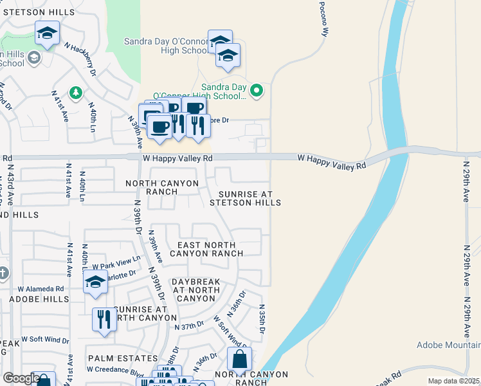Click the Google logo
coord(21,378)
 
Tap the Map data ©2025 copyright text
coord(454,381)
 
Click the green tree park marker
coord(76,94)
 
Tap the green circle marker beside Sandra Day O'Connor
coord(257,90)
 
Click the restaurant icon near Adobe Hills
coord(104,319)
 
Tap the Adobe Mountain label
coord(448,345)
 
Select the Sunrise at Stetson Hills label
coord(250,198)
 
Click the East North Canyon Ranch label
coord(206,249)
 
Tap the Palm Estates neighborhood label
coord(123,358)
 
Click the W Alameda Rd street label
coord(41,289)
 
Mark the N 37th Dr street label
coord(190,326)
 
